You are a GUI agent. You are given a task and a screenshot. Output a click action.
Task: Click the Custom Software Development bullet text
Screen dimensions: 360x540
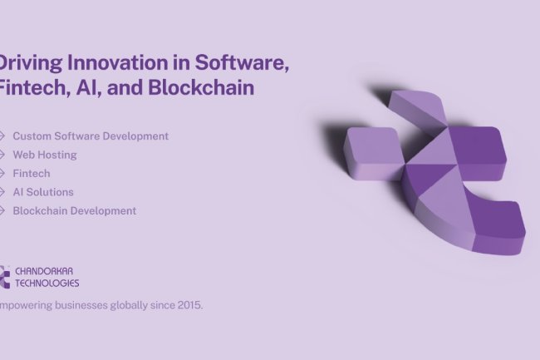coord(91,136)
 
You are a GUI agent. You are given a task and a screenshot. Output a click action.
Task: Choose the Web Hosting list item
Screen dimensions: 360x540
coord(45,155)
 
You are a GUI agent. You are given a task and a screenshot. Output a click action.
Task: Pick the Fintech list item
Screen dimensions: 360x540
coord(32,173)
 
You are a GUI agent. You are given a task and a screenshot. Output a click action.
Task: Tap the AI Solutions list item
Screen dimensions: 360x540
coord(43,192)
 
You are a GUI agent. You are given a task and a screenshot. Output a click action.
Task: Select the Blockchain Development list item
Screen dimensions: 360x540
coord(75,210)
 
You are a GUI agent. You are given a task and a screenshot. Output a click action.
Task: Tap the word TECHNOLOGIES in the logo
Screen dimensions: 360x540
coord(47,283)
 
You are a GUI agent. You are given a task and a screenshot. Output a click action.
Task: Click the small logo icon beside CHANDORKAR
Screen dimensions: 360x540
coord(4,277)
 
